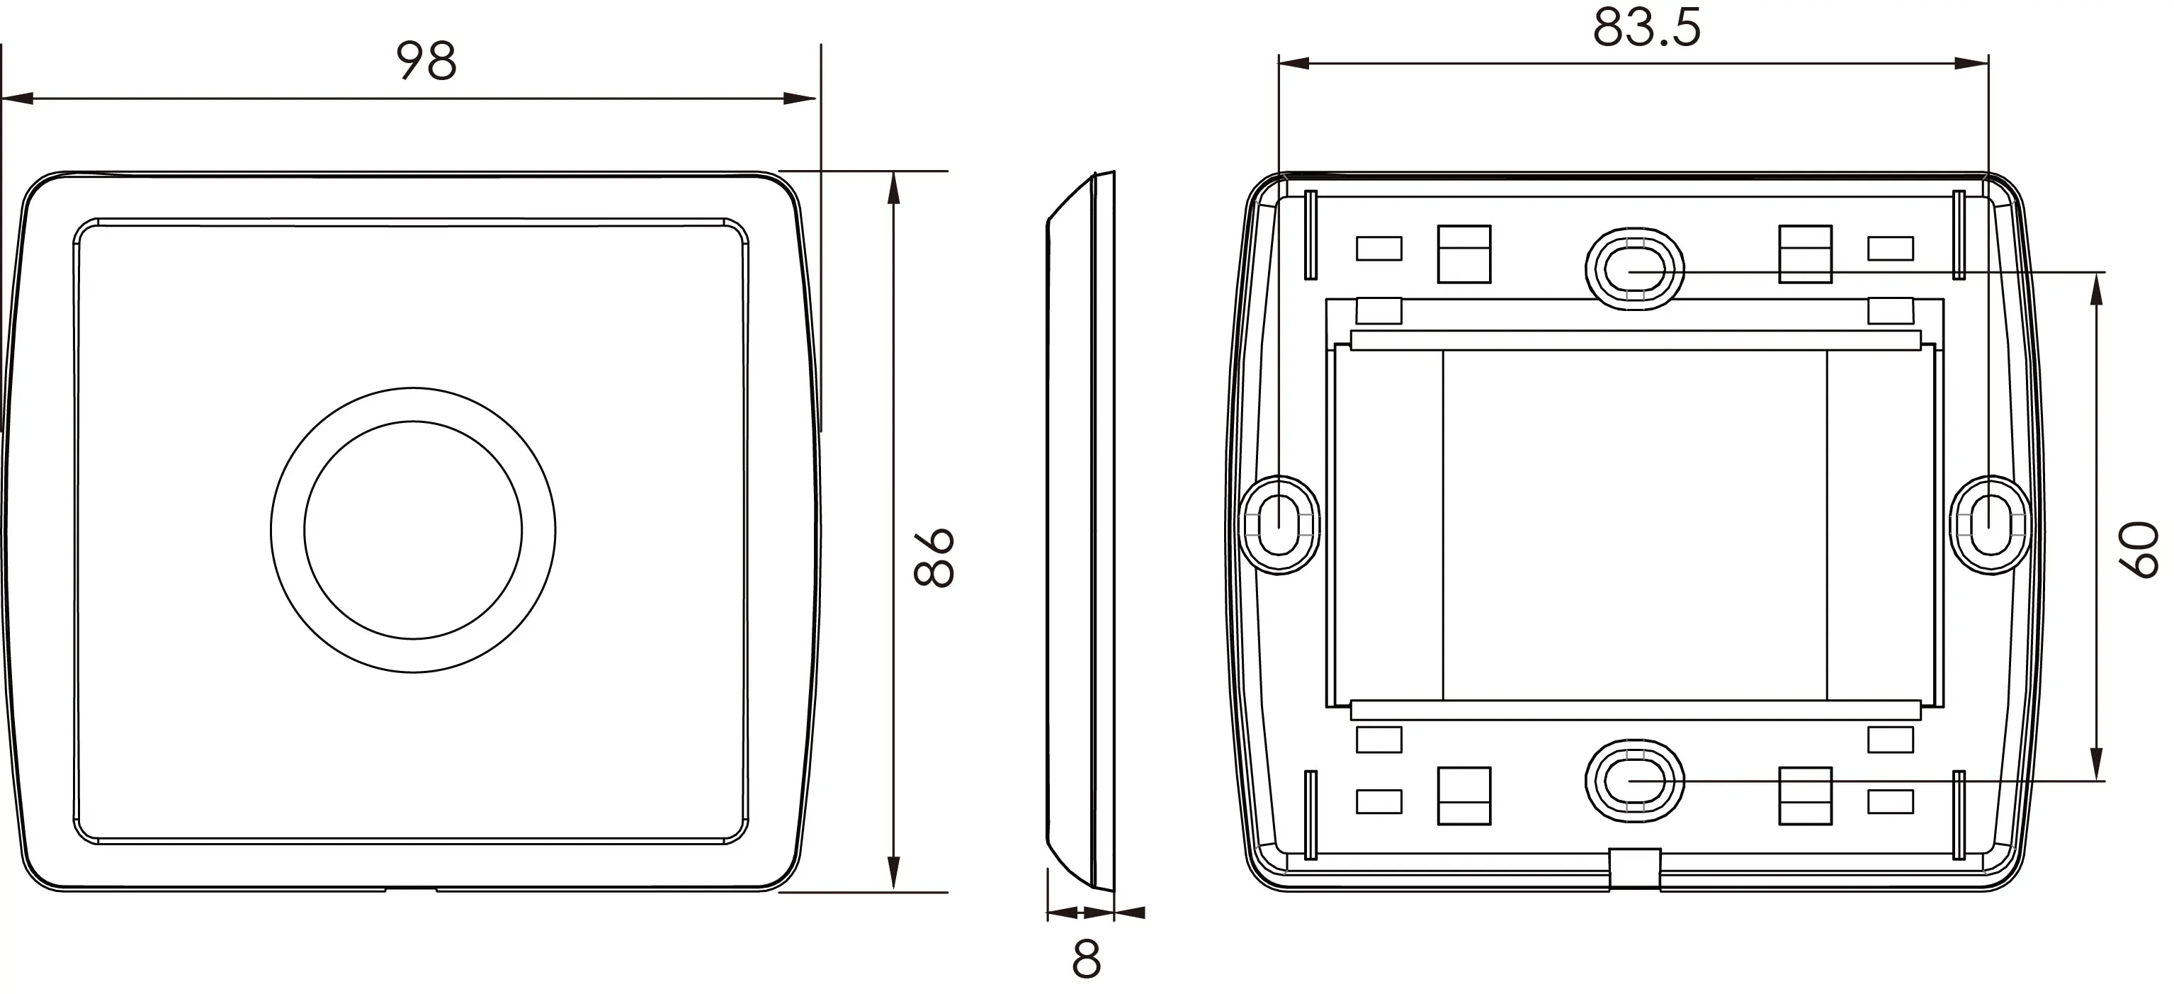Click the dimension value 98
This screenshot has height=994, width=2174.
tap(426, 62)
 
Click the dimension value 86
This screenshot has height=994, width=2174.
tap(934, 558)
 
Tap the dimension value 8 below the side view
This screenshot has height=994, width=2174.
tap(1086, 959)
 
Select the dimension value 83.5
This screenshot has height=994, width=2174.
tap(1646, 28)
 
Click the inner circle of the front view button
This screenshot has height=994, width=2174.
tap(413, 530)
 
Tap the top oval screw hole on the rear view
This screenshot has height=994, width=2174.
tap(1634, 269)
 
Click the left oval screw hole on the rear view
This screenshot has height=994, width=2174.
tap(1279, 525)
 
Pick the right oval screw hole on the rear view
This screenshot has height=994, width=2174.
tap(1991, 525)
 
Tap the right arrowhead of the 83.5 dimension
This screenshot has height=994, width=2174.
tap(1973, 63)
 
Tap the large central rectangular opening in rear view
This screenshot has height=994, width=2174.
tap(1634, 524)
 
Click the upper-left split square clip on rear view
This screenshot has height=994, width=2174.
tap(1464, 254)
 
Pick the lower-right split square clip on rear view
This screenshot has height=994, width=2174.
tap(1805, 796)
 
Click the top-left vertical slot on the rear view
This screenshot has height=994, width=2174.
tap(1310, 235)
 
